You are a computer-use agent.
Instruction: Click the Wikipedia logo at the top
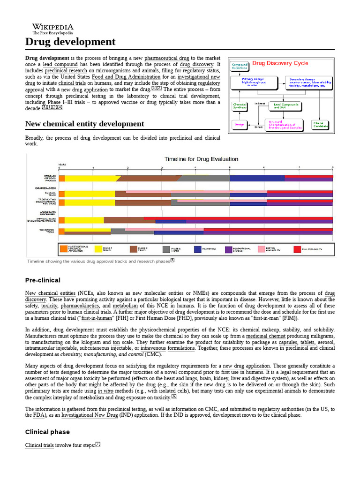52,29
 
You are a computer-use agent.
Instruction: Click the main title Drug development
70,42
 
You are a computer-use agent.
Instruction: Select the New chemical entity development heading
84,124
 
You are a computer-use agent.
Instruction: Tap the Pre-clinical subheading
43,280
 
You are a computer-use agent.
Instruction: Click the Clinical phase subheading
47,432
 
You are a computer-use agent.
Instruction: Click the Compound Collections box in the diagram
240,66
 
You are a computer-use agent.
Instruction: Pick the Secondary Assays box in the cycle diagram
310,82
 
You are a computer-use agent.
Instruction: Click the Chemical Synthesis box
240,106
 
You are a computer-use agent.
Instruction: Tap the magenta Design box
239,125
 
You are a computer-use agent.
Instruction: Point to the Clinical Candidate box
321,125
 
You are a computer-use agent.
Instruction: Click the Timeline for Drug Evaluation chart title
201,159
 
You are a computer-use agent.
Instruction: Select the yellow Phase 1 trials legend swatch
99,249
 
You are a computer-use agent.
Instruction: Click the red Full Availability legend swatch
298,249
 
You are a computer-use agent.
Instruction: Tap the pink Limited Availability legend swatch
262,249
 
